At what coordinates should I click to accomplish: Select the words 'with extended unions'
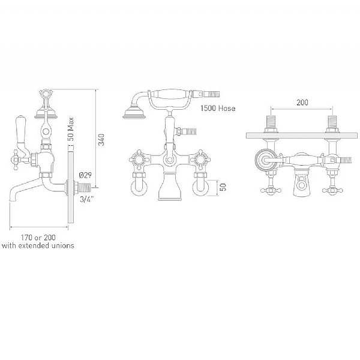38,246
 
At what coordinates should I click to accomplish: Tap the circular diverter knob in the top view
262,161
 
